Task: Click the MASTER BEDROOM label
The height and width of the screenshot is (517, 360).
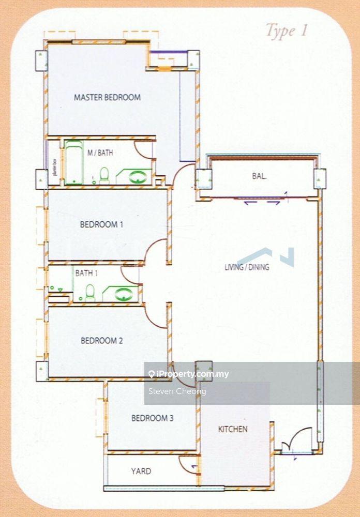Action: (107, 97)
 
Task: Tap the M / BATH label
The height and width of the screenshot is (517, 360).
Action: (100, 153)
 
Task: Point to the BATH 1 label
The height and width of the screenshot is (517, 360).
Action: (85, 273)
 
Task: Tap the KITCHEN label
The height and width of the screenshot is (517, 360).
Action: (233, 429)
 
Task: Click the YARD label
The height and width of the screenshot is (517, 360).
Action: (141, 471)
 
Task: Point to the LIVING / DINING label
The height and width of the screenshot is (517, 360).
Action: (247, 267)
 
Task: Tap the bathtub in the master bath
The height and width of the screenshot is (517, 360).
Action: (73, 162)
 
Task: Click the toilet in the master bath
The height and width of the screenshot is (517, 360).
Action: (104, 175)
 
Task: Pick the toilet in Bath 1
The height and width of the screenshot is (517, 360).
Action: (90, 292)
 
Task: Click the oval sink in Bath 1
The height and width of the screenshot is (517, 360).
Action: (124, 294)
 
